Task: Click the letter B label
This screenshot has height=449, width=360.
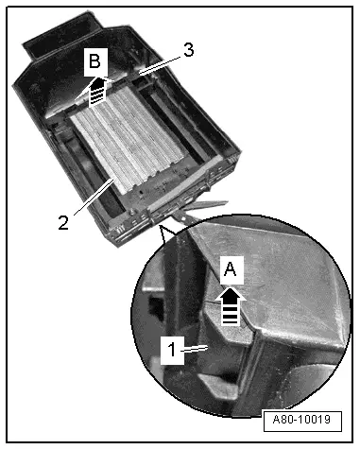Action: [94, 60]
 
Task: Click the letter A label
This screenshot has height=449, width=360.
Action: [231, 269]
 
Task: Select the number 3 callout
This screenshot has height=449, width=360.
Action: [188, 50]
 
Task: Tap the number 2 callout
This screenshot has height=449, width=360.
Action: [63, 223]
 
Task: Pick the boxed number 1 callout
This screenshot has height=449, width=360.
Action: [172, 350]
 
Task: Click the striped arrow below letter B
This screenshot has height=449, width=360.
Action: [97, 91]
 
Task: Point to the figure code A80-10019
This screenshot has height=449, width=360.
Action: [301, 420]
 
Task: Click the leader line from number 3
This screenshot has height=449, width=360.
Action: [161, 65]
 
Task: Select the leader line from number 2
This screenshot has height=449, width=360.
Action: [94, 196]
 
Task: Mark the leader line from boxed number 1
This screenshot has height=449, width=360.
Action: [196, 348]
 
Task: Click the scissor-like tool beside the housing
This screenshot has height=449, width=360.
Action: [200, 209]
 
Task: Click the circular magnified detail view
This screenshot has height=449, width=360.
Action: [241, 316]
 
